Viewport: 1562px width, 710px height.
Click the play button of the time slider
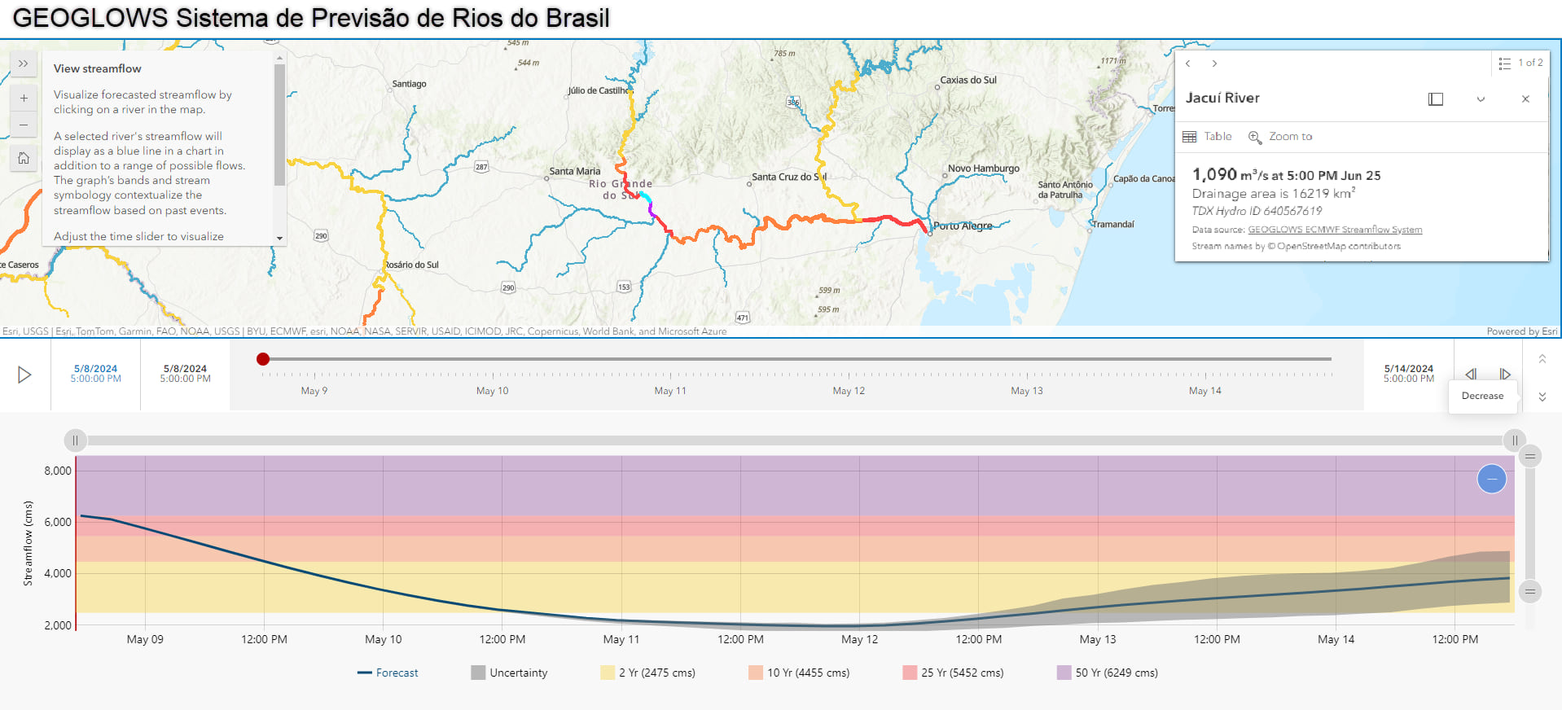click(24, 375)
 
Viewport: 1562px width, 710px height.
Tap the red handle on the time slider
click(263, 359)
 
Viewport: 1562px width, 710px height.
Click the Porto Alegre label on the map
click(963, 226)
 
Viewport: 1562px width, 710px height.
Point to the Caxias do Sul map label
click(968, 81)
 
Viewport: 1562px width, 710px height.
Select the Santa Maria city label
click(574, 172)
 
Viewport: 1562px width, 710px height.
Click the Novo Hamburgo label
click(983, 169)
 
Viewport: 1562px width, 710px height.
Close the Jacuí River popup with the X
click(1525, 99)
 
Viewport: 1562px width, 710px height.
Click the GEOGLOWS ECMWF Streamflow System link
click(1335, 230)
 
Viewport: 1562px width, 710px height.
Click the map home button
click(24, 158)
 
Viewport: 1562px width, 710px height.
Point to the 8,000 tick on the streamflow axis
click(58, 471)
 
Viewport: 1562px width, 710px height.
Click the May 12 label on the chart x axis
click(859, 639)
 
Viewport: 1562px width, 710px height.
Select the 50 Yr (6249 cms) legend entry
click(1108, 673)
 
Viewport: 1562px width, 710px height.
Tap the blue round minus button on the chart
click(1491, 479)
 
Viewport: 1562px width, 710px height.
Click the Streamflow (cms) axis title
click(29, 543)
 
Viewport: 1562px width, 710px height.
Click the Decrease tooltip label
click(1482, 396)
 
